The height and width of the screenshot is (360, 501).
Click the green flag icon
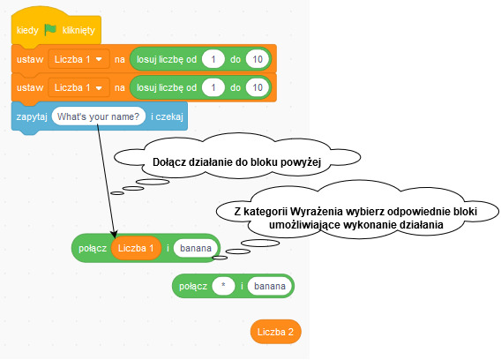click(50, 30)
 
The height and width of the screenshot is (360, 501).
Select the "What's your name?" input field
click(99, 116)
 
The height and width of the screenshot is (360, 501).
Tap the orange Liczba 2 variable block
click(276, 332)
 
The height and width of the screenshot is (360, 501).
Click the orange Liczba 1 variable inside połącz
click(136, 248)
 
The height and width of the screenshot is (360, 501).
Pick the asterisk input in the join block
click(223, 286)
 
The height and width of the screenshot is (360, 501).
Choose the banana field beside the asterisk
click(270, 286)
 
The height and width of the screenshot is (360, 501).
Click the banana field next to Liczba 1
click(196, 248)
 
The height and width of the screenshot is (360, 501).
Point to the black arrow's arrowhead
click(115, 234)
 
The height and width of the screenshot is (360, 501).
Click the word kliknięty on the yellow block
click(79, 30)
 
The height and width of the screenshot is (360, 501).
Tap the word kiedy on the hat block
click(27, 30)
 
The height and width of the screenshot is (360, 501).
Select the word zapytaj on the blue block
click(32, 116)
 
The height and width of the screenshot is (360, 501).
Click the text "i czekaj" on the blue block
click(167, 116)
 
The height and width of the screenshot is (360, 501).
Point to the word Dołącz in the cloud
click(169, 162)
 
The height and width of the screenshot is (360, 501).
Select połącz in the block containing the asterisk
click(193, 286)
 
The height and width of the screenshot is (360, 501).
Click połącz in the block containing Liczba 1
click(93, 249)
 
